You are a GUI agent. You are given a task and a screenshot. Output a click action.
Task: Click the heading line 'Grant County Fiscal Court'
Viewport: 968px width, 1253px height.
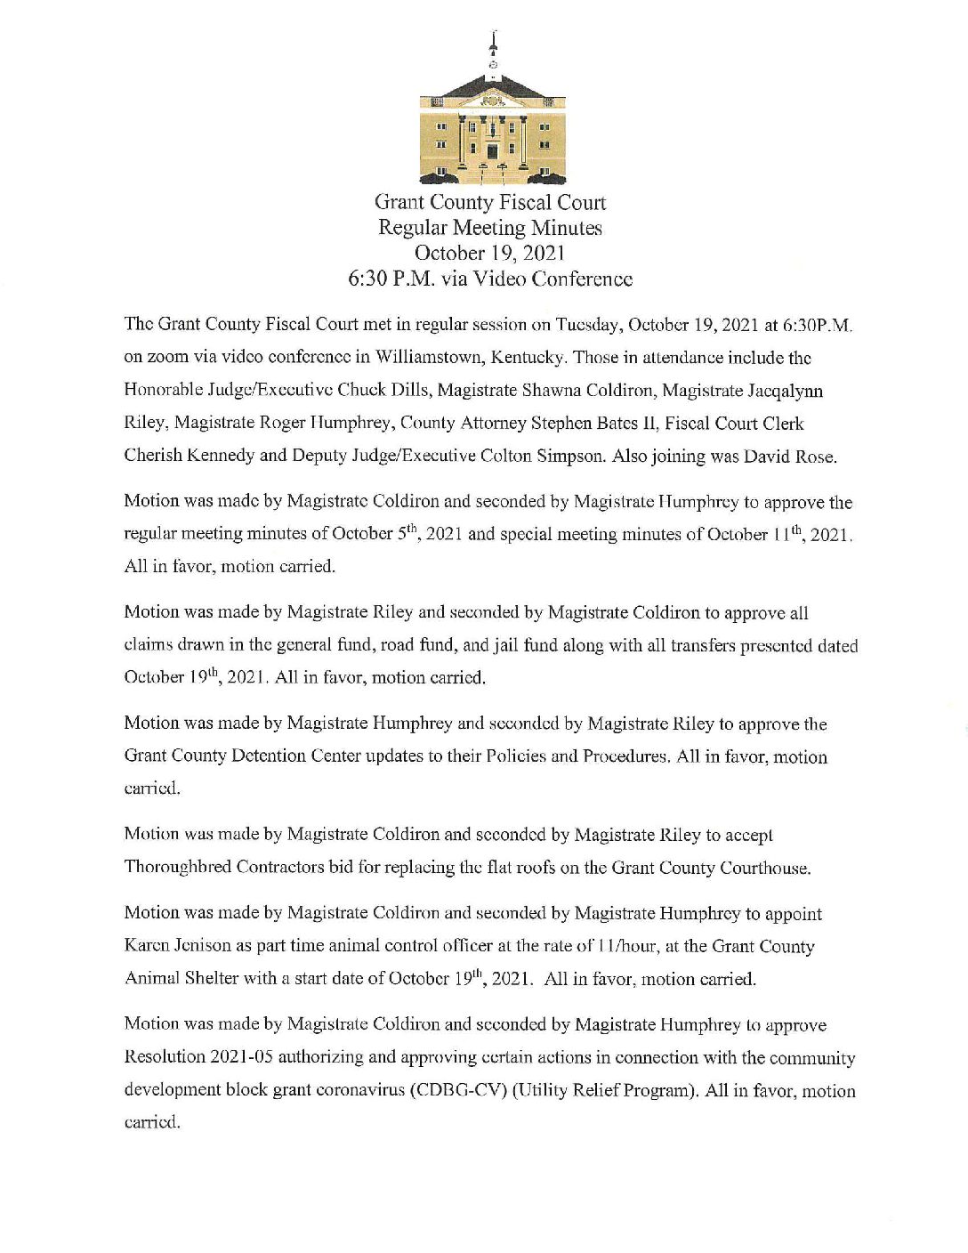(x=490, y=203)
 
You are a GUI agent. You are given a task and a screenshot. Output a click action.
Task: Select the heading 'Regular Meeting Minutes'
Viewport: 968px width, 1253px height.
(x=490, y=228)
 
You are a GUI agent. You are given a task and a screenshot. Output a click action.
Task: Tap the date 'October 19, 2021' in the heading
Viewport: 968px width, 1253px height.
(x=490, y=253)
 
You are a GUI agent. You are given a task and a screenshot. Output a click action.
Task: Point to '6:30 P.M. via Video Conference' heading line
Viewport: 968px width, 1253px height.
(x=490, y=279)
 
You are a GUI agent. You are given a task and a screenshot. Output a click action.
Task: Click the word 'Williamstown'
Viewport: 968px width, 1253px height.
(x=424, y=358)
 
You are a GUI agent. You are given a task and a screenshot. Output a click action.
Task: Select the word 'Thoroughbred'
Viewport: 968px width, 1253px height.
(x=178, y=868)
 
